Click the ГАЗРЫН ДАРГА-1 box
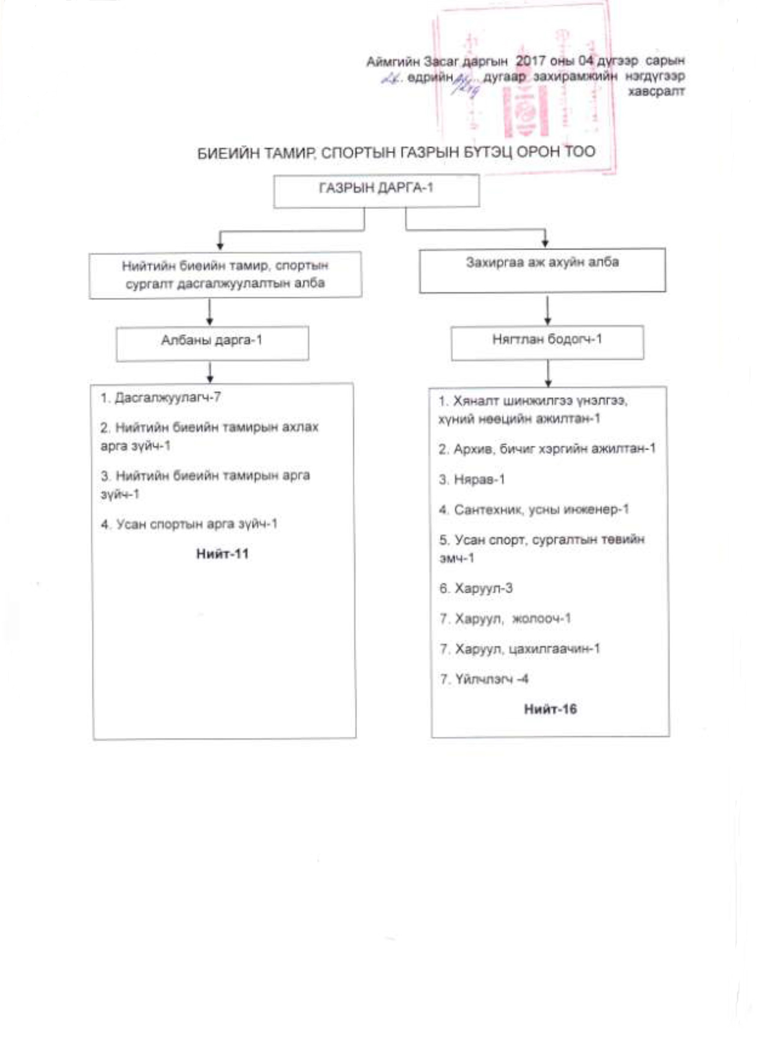(x=376, y=190)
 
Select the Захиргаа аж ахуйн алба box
(x=542, y=270)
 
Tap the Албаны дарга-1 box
(x=212, y=343)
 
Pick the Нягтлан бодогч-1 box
(x=547, y=342)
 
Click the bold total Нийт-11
(x=222, y=553)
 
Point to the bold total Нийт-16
(x=550, y=709)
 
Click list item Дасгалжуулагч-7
(x=161, y=397)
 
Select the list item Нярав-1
(x=472, y=479)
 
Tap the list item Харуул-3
(x=476, y=588)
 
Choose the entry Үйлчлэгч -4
(x=484, y=679)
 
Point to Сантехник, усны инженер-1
(x=534, y=509)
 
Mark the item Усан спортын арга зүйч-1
(x=189, y=524)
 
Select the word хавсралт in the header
(x=656, y=91)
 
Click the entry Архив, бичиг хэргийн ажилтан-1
(x=547, y=449)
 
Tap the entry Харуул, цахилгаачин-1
(x=520, y=649)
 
